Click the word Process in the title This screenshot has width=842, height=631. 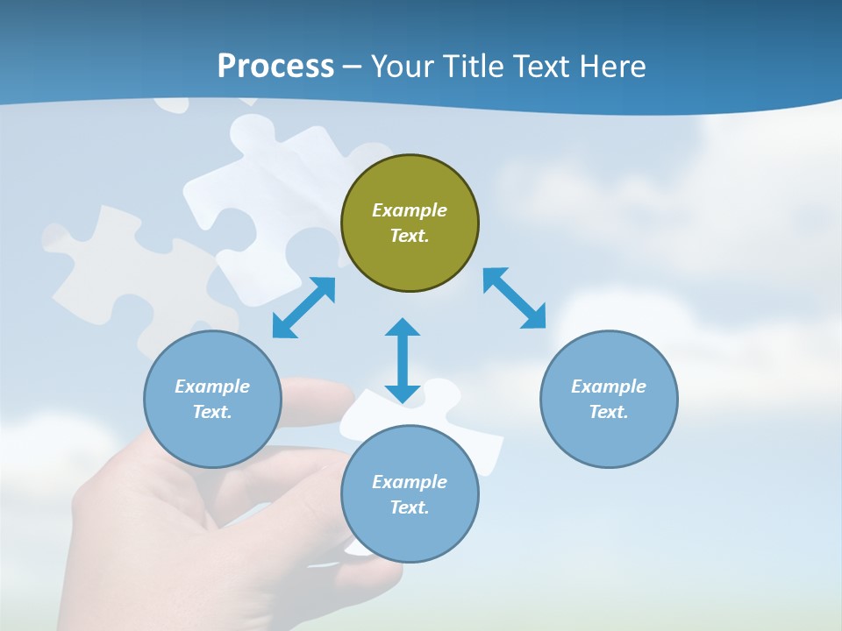coord(275,67)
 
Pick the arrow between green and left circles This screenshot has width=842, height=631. coord(303,308)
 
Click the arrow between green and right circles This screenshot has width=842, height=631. coord(515,298)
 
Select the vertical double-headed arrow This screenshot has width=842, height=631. coord(403,360)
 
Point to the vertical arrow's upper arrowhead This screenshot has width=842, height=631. coord(403,328)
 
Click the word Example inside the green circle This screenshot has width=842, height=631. coord(410,210)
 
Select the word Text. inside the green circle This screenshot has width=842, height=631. coord(410,236)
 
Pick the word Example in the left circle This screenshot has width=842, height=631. coord(212,386)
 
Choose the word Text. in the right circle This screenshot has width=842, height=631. coord(609,412)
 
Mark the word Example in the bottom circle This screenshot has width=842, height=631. coord(410,482)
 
